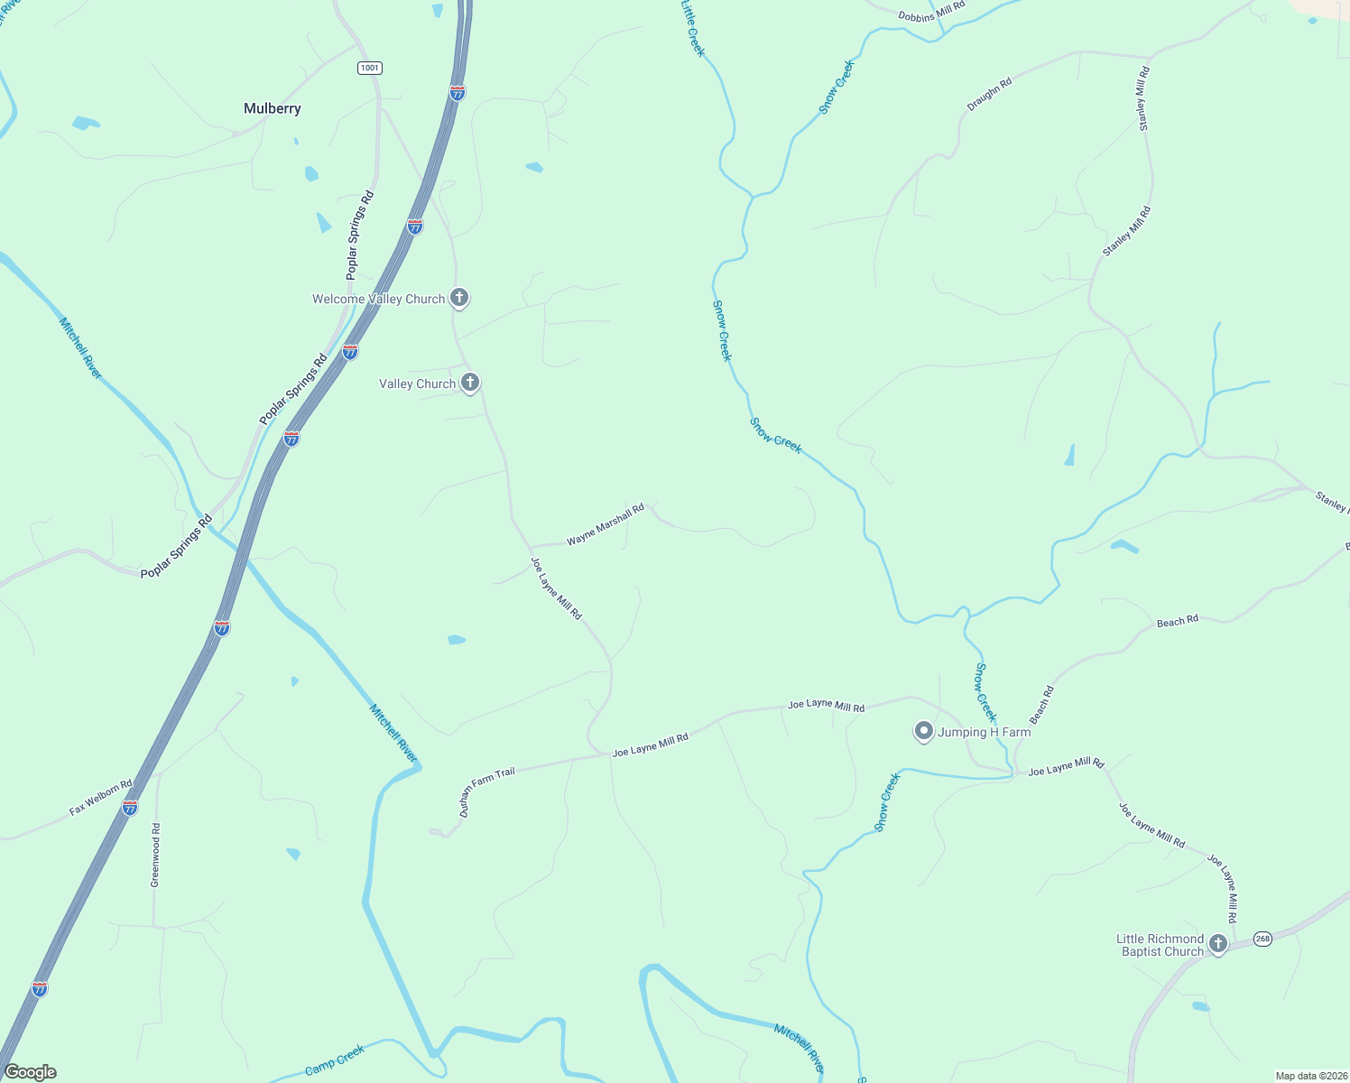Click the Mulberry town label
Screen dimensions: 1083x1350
(x=272, y=108)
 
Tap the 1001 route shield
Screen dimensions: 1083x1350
(x=369, y=68)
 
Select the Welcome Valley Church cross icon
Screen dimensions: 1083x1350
(x=459, y=297)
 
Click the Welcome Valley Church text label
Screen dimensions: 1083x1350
(x=378, y=299)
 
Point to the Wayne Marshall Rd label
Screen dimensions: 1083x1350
(x=606, y=524)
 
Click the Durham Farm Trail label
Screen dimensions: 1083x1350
(x=486, y=791)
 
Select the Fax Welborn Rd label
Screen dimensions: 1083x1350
(x=100, y=798)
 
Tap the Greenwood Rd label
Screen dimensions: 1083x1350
(x=155, y=855)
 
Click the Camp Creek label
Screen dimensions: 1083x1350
(x=335, y=1060)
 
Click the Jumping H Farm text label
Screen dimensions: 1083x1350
(x=984, y=732)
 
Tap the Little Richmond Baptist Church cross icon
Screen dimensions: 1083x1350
(x=1218, y=944)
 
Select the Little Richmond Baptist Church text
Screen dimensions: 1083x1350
(x=1161, y=945)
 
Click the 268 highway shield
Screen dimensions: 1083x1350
(x=1262, y=939)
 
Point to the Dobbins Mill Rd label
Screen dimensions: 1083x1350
(x=931, y=11)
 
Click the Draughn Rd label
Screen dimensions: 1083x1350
(x=989, y=95)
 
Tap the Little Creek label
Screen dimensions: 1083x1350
(x=692, y=29)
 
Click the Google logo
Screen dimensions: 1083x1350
(x=30, y=1072)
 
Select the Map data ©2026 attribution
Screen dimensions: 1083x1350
(x=1310, y=1076)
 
